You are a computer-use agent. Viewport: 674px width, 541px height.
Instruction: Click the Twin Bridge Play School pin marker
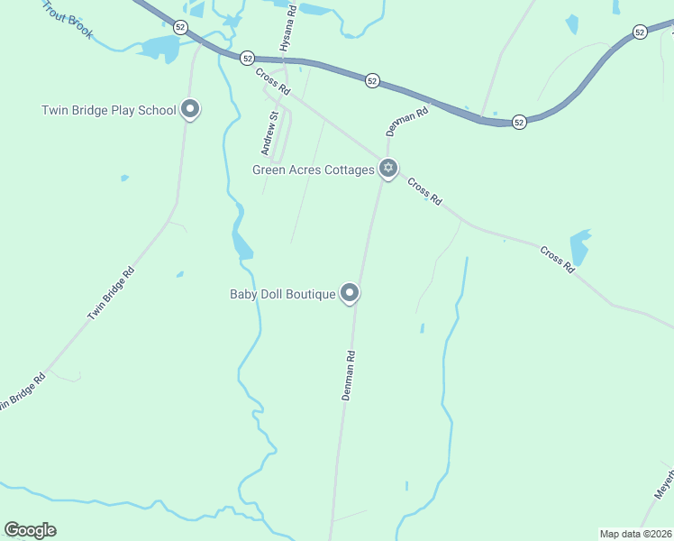(190, 110)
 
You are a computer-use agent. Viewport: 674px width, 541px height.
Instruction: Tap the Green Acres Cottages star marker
(388, 168)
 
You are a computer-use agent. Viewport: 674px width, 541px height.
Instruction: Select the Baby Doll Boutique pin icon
(351, 293)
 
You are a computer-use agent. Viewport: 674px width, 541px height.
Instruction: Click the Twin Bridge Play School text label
(109, 111)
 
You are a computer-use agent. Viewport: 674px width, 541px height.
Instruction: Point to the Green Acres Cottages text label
(313, 170)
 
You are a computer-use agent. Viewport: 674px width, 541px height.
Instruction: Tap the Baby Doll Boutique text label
(283, 294)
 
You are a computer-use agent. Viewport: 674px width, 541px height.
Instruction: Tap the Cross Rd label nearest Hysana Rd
(271, 82)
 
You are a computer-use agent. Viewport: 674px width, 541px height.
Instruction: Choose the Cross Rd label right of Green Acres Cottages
(424, 191)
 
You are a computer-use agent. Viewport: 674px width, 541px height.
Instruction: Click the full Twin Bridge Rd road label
(111, 293)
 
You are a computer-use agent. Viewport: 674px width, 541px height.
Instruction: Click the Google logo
(30, 530)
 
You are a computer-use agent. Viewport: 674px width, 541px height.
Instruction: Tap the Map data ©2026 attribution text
(634, 534)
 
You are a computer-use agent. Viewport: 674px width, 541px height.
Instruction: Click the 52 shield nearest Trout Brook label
(181, 27)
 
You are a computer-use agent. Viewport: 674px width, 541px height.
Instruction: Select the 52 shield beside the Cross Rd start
(247, 57)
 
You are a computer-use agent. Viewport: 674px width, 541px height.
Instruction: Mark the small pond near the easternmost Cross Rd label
(579, 246)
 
